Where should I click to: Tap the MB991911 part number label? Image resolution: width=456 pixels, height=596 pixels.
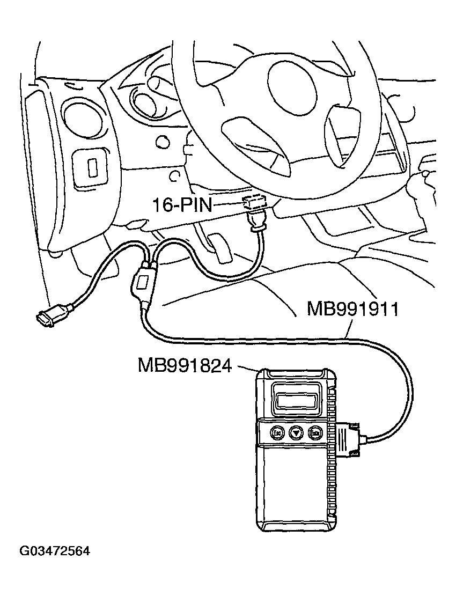352,309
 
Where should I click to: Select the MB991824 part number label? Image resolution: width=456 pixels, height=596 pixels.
185,365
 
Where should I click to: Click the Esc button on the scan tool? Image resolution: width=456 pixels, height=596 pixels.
277,432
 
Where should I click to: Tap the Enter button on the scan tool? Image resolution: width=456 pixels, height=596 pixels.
315,432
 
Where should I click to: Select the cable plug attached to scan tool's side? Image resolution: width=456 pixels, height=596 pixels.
348,439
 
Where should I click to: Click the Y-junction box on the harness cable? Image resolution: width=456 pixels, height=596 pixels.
143,282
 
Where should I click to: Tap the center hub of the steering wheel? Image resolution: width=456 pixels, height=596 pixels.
292,86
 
